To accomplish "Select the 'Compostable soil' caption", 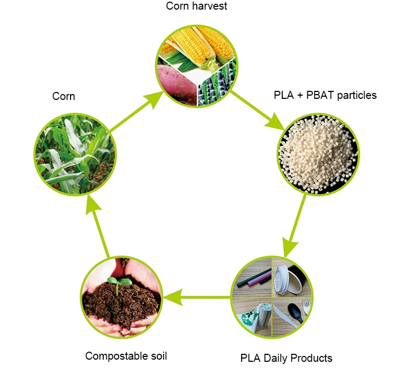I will [126, 356].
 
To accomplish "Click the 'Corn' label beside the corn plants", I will [64, 96].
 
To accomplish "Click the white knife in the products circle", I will [284, 313].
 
